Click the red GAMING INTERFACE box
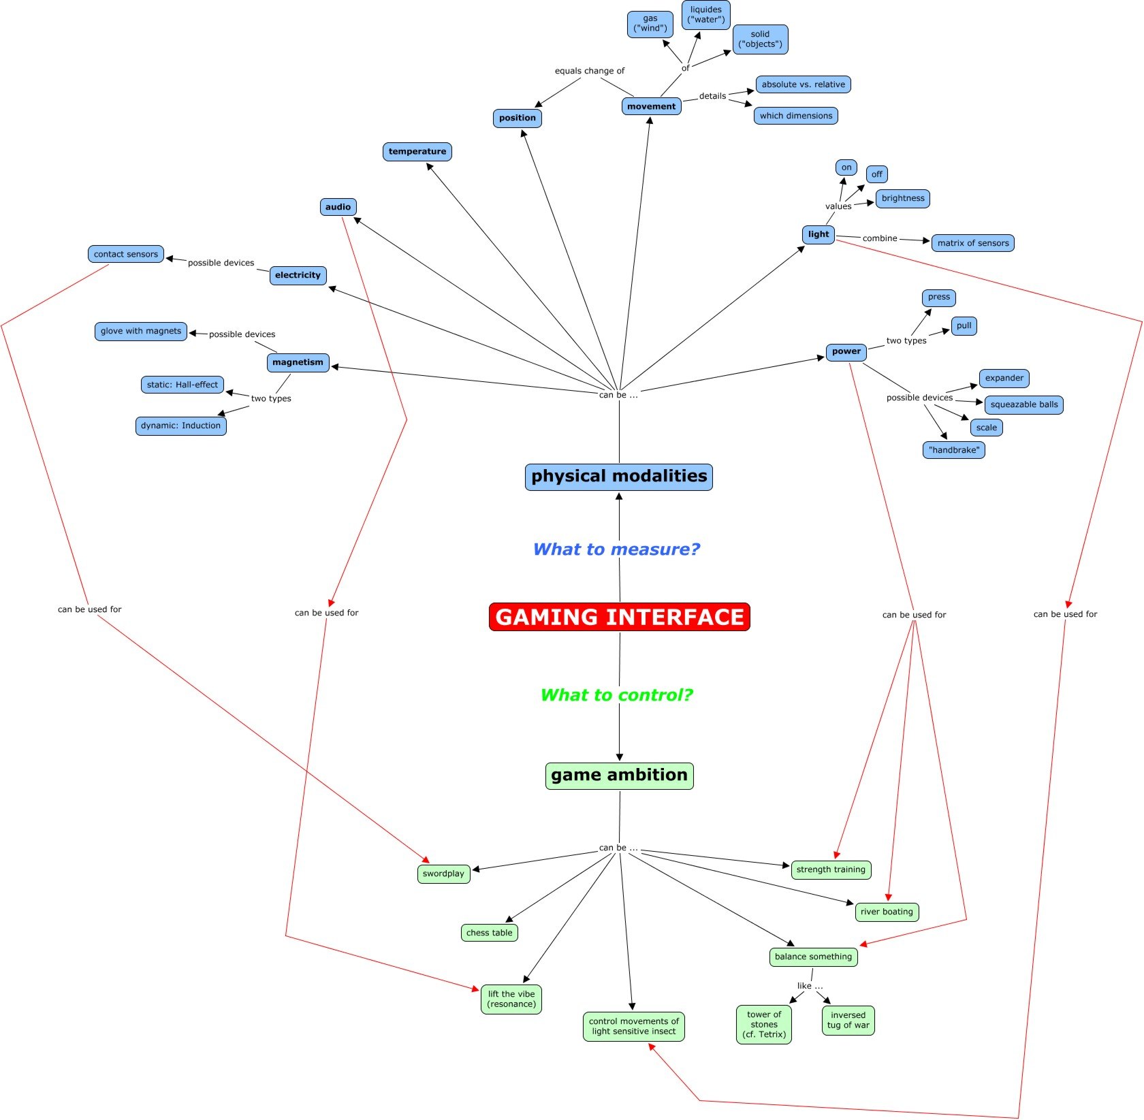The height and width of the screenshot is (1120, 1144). [x=619, y=617]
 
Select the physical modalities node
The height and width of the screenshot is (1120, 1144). [x=618, y=477]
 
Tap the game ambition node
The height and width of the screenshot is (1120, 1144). [x=619, y=775]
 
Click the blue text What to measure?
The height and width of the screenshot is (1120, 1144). [x=616, y=549]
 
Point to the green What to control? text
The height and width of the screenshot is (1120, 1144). [x=616, y=695]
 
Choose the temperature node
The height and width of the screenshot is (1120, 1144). [x=417, y=152]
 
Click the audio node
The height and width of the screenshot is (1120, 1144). [x=338, y=207]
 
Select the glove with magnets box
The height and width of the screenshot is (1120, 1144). [x=140, y=332]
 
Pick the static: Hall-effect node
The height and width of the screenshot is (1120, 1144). [x=182, y=385]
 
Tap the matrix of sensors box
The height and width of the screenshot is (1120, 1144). [x=972, y=243]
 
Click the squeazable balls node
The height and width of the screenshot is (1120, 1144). [x=1023, y=404]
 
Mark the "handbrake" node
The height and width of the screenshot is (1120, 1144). [x=953, y=450]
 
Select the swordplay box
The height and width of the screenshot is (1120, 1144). [x=443, y=874]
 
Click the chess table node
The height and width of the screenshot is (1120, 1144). [x=489, y=933]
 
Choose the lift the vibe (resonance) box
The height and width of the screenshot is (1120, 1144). [x=511, y=999]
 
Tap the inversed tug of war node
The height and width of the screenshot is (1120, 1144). [x=848, y=1020]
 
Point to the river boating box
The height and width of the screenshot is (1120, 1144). [x=886, y=912]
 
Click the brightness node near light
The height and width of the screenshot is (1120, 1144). [x=902, y=199]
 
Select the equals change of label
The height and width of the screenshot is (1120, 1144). [x=589, y=71]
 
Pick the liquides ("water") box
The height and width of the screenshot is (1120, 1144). [x=705, y=15]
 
